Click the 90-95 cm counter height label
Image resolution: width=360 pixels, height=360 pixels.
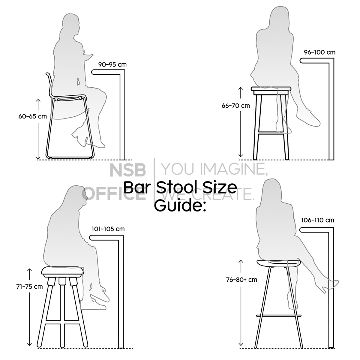pos(112,64)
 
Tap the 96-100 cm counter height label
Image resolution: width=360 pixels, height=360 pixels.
pos(319,52)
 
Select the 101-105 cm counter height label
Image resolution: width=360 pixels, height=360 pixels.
pos(108,229)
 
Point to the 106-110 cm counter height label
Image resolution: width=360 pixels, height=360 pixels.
pos(317,220)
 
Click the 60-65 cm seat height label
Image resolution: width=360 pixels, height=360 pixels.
pos(32,116)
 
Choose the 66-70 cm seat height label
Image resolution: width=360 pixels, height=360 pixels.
pos(235,106)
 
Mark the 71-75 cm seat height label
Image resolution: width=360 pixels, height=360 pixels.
pos(29,286)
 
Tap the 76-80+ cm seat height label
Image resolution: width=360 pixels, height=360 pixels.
pos(241,280)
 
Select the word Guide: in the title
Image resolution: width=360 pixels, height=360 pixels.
pos(180,205)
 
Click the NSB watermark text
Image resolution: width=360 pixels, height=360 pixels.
pos(127,170)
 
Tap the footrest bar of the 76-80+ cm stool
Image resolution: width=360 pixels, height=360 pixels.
pos(278,316)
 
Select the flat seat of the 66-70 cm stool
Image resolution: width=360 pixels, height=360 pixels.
pos(271,89)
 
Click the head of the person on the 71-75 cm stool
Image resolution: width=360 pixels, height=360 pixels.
pos(76,196)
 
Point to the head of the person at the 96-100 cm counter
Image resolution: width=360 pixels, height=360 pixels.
pos(279,17)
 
